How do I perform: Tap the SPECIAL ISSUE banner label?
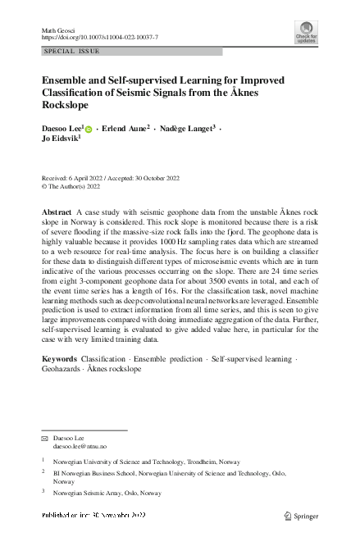pos(71,52)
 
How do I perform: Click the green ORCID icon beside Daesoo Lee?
pos(89,130)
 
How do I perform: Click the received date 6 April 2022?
pos(94,177)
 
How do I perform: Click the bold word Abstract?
pos(57,212)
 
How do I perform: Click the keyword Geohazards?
pos(63,369)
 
